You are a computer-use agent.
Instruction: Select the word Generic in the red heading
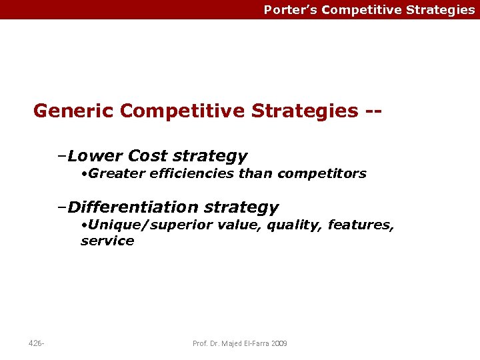tap(74, 110)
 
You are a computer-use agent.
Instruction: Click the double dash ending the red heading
tap(373, 110)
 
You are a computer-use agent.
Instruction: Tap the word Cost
tap(147, 156)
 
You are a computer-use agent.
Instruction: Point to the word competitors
tap(322, 173)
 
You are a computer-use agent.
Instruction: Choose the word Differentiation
tap(133, 207)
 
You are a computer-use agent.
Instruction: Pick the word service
tap(107, 241)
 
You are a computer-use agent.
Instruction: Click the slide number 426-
tap(37, 343)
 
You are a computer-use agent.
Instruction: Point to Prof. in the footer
tap(200, 343)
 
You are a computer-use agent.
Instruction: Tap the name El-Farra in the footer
tap(256, 343)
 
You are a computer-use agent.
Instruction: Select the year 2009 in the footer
tap(280, 343)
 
